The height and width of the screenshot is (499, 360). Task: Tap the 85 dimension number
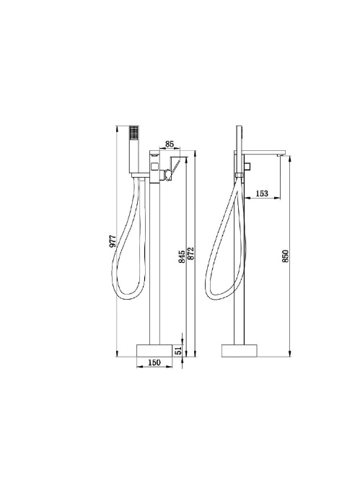tap(170, 144)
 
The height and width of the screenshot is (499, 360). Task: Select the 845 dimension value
tap(182, 256)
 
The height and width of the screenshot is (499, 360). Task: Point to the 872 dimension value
tap(190, 253)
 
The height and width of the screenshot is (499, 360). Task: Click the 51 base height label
tap(178, 351)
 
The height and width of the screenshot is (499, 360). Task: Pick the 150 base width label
tap(154, 363)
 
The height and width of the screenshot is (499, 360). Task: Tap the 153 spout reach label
tap(262, 193)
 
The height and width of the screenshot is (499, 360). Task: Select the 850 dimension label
tap(285, 256)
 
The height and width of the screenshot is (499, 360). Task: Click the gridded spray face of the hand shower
tap(134, 132)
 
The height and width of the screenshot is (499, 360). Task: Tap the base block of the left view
tap(154, 351)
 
